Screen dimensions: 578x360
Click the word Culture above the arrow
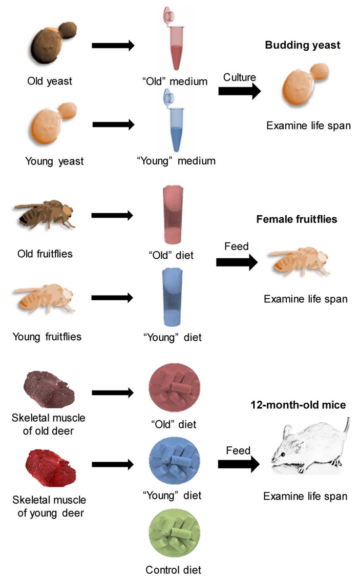pyautogui.click(x=239, y=77)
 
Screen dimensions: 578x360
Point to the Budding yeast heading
pyautogui.click(x=302, y=45)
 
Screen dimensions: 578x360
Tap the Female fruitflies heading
pyautogui.click(x=304, y=219)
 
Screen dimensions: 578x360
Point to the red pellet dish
pyautogui.click(x=172, y=393)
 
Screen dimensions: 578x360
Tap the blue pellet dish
pyautogui.click(x=172, y=464)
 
